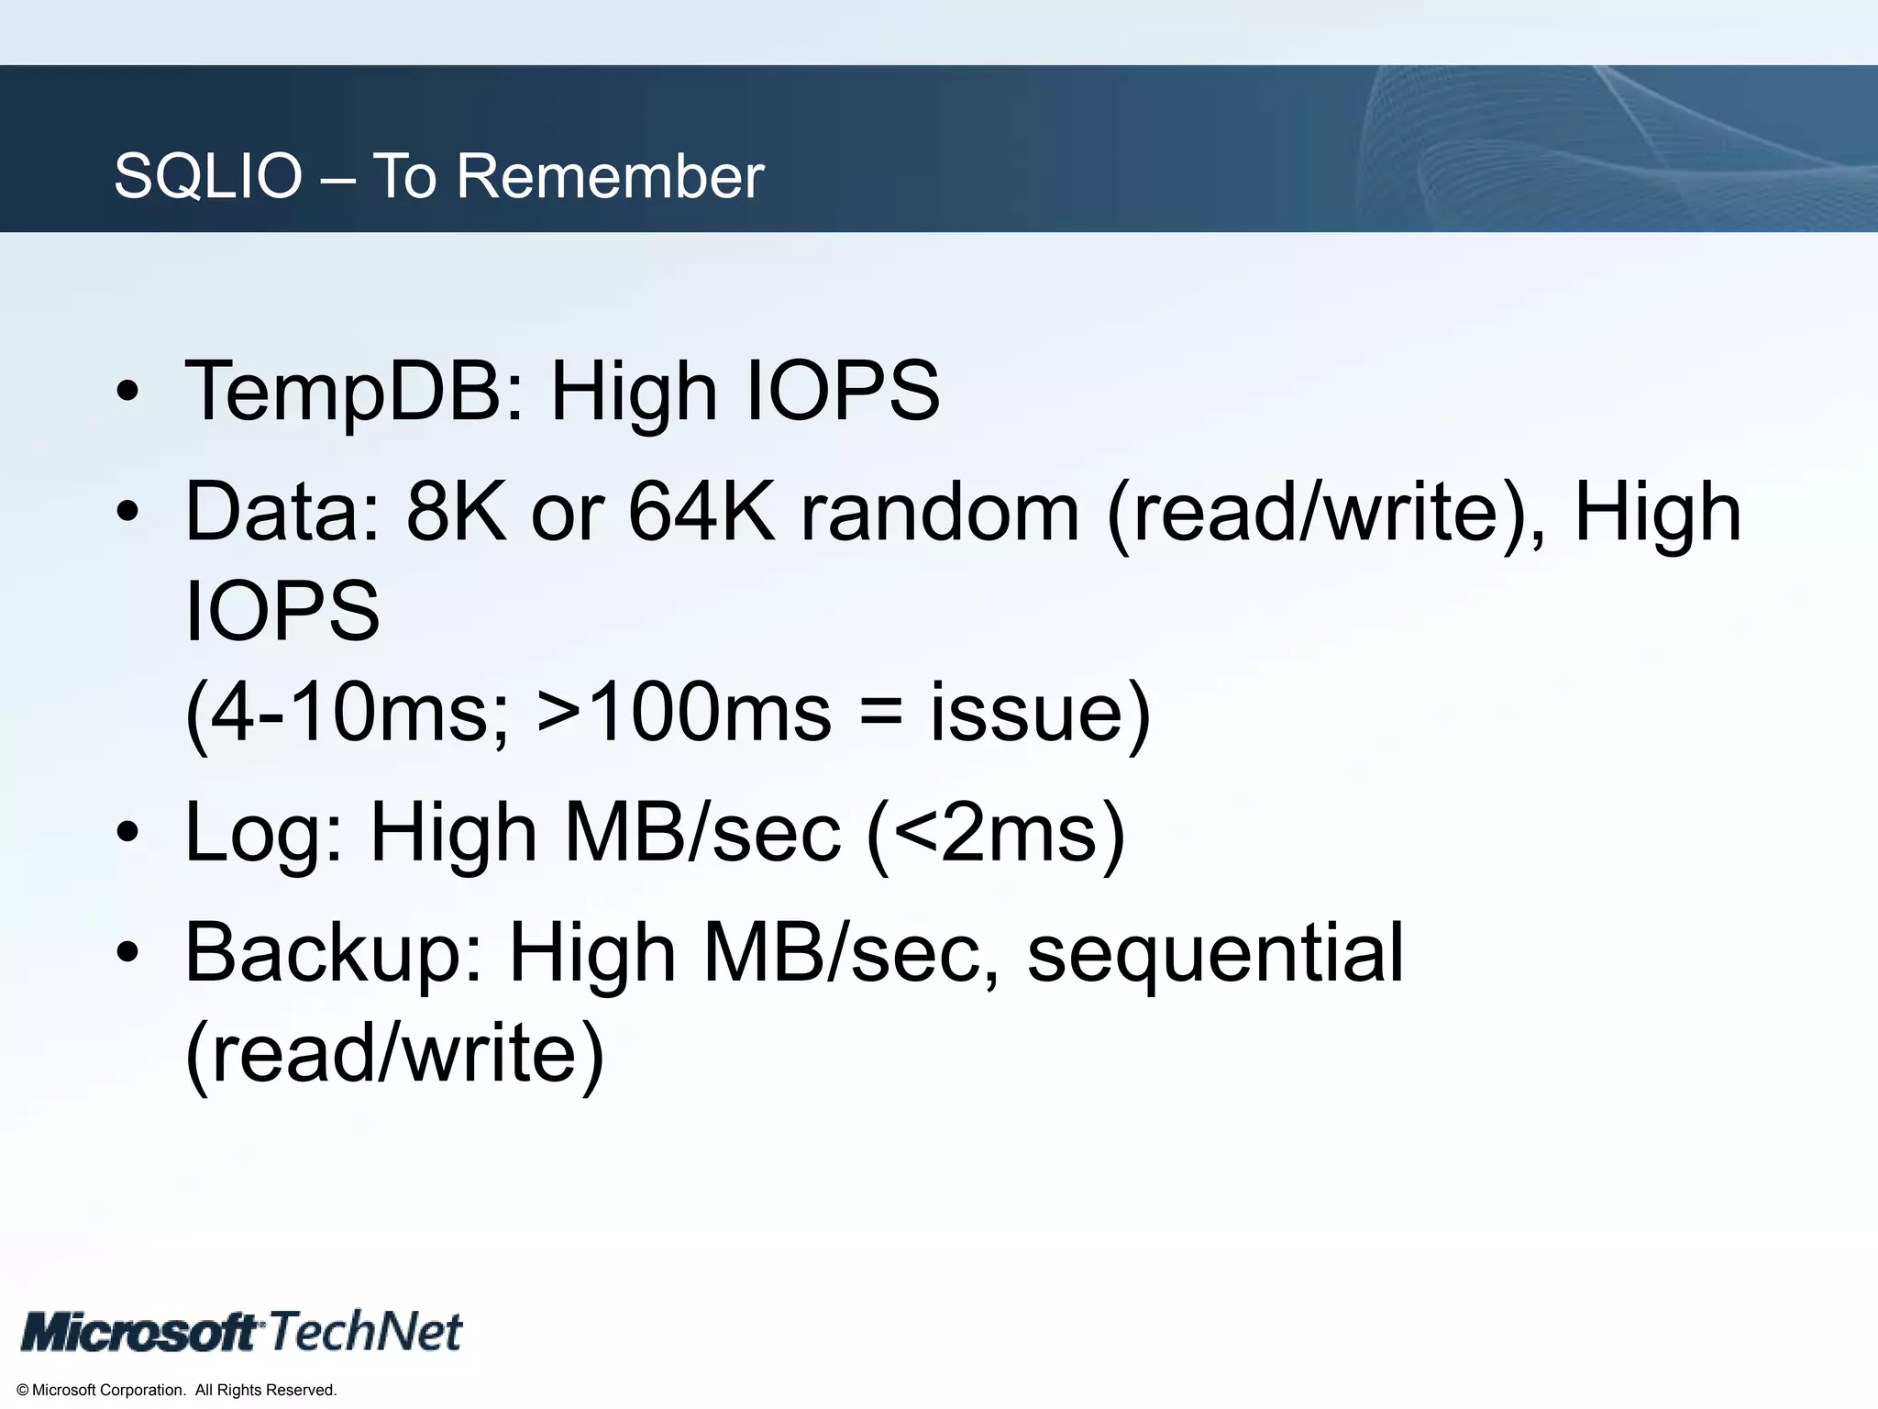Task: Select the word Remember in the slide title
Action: click(610, 176)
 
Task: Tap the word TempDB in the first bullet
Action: click(354, 392)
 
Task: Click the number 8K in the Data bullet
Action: click(456, 512)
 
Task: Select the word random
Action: click(939, 512)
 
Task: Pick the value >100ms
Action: click(683, 713)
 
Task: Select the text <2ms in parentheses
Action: click(996, 833)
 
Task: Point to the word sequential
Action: click(1215, 954)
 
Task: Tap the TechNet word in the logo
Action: click(366, 1331)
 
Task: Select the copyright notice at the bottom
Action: click(177, 1391)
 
